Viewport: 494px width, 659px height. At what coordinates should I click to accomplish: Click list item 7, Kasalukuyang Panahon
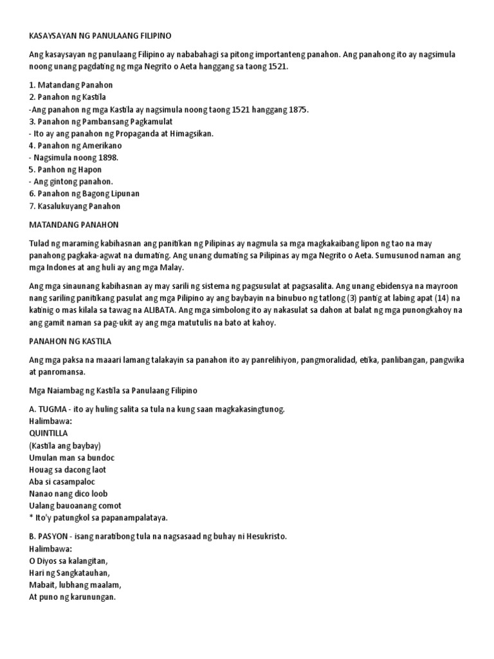point(75,207)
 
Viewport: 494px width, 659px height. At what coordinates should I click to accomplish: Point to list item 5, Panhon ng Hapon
point(67,170)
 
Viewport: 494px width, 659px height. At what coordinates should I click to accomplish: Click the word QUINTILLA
point(48,433)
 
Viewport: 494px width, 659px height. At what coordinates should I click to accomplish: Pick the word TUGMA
point(52,409)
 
